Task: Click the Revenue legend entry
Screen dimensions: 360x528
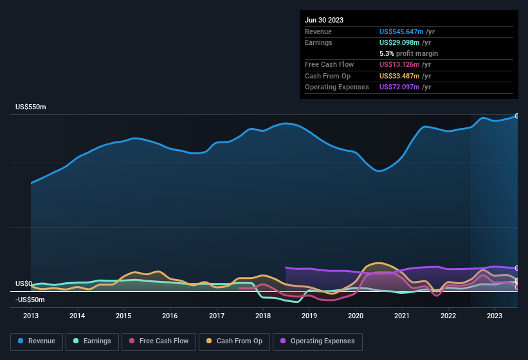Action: (x=37, y=341)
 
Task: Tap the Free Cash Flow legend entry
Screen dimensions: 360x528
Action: (x=158, y=341)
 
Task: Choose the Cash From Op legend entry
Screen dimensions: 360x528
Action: (x=234, y=341)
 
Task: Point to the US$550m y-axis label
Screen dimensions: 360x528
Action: (x=31, y=107)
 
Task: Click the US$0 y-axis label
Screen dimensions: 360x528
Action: (x=24, y=283)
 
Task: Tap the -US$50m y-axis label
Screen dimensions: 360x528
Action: (x=30, y=300)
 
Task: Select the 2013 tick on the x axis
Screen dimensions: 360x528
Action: (x=31, y=316)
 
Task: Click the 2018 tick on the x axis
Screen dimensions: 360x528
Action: (x=262, y=316)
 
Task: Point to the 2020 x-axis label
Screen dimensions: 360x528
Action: (x=356, y=316)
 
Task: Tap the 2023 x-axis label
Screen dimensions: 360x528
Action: (x=495, y=316)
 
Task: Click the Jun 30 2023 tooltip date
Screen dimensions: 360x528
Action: (x=324, y=20)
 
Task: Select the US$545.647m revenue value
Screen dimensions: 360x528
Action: (x=401, y=32)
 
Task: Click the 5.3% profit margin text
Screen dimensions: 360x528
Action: (x=408, y=53)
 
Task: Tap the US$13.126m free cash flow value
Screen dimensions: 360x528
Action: (x=399, y=64)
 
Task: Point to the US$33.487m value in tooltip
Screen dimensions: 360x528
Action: (x=399, y=76)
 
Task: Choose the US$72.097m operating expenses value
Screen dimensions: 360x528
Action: (x=399, y=87)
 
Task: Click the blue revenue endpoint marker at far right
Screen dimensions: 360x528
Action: (x=517, y=116)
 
